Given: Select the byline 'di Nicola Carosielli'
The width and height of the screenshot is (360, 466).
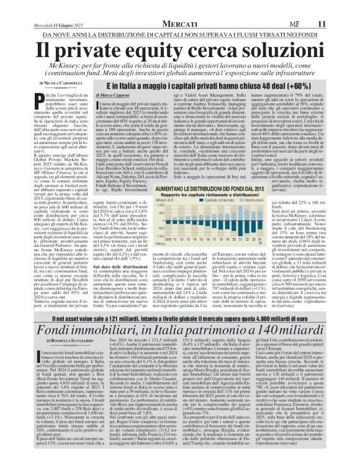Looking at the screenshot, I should click(x=59, y=83).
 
